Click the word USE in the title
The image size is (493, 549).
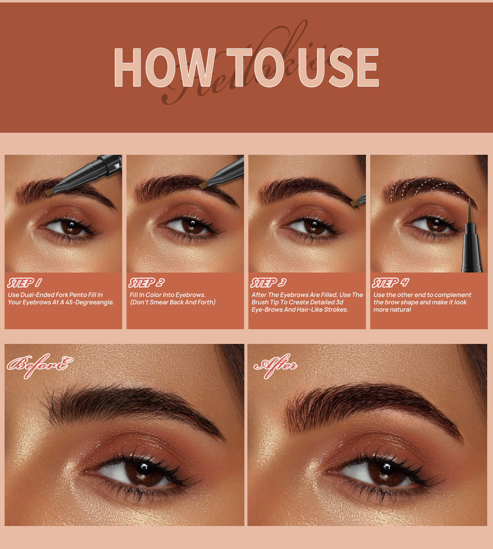pyautogui.click(x=338, y=67)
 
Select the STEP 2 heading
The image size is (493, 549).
pyautogui.click(x=146, y=283)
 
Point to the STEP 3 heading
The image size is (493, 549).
pyautogui.click(x=268, y=283)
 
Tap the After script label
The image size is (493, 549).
pyautogui.click(x=276, y=365)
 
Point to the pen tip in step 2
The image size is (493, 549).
pyautogui.click(x=204, y=185)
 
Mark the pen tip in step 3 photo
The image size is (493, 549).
pyautogui.click(x=355, y=203)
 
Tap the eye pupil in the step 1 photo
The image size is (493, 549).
pyautogui.click(x=71, y=225)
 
